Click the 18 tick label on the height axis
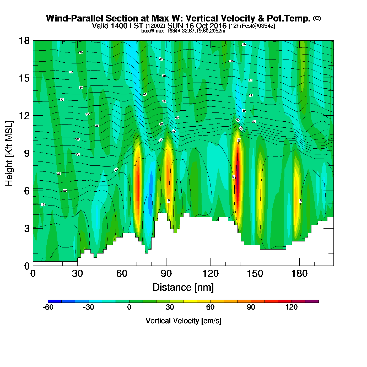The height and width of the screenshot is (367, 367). click(x=24, y=41)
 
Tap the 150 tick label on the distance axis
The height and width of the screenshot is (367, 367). click(x=255, y=274)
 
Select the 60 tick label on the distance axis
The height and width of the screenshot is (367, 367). click(x=122, y=274)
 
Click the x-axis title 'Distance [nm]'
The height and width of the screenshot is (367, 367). click(x=183, y=288)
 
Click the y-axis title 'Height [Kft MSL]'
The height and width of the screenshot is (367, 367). click(x=9, y=153)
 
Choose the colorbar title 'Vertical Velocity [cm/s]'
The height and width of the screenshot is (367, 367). click(x=183, y=321)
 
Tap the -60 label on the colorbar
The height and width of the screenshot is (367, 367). click(x=48, y=307)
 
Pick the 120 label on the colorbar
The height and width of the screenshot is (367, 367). click(x=292, y=307)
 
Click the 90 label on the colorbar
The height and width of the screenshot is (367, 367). click(x=251, y=307)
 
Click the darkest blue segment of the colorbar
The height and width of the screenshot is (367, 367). click(x=55, y=301)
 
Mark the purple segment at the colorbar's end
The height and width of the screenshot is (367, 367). click(x=312, y=301)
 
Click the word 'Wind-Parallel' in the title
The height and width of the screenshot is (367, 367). click(x=75, y=19)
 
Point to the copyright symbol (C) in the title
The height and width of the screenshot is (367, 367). click(x=317, y=18)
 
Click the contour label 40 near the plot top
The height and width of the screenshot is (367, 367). click(x=244, y=44)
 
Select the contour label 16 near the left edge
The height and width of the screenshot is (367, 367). click(x=42, y=204)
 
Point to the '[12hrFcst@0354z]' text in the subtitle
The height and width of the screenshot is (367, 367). click(x=252, y=26)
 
